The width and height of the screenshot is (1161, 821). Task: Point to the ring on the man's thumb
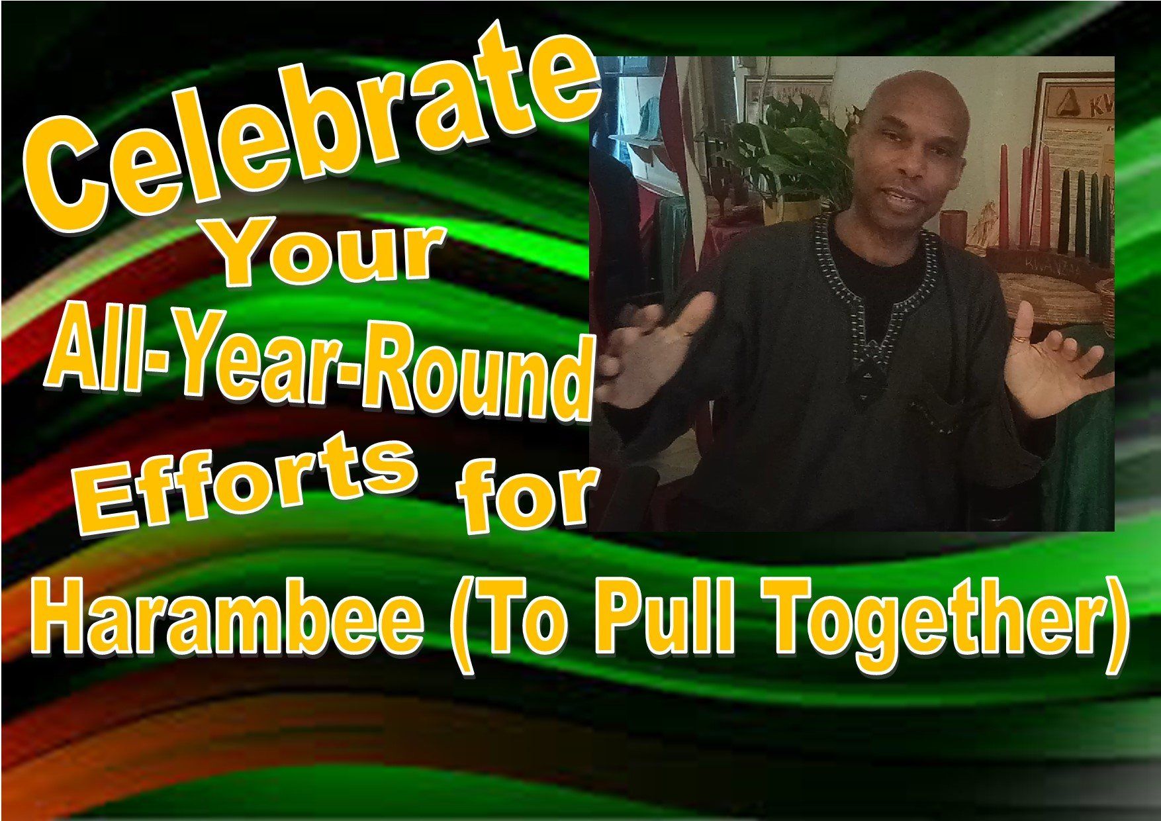(1021, 338)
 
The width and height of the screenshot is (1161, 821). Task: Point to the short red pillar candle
(954, 228)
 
